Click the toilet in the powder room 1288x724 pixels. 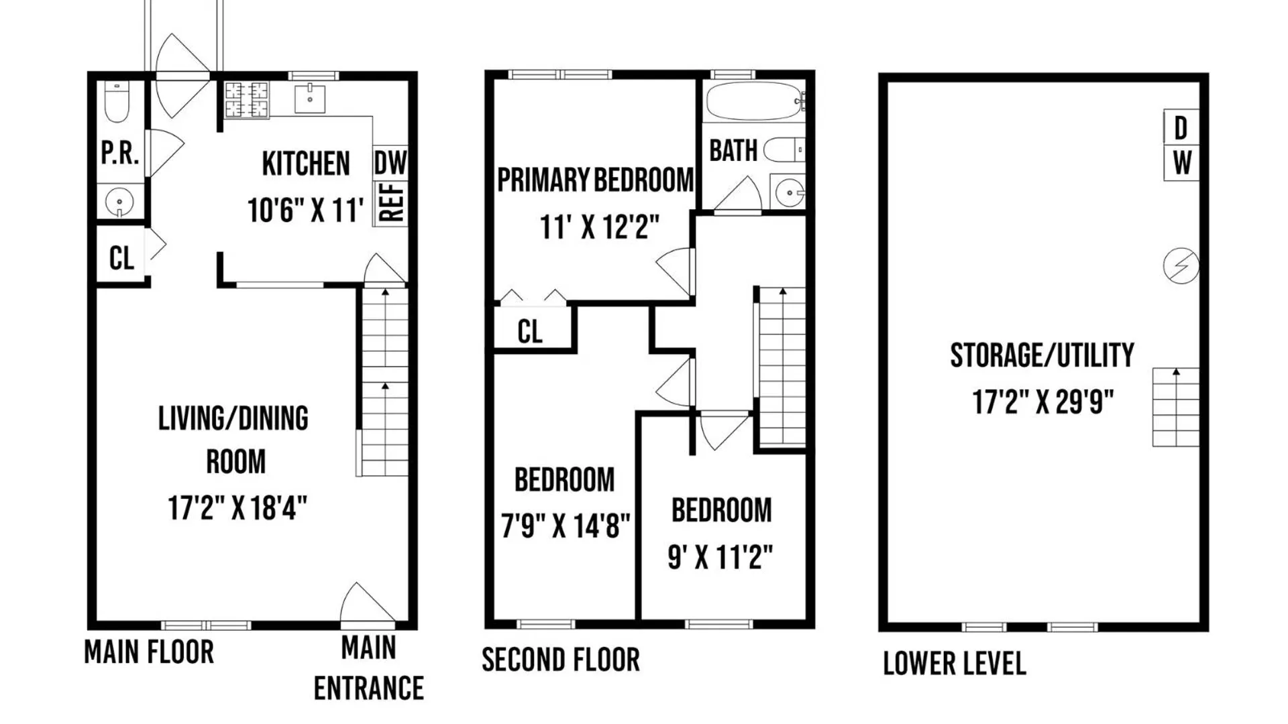click(x=117, y=102)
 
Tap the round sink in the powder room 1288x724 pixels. click(x=119, y=201)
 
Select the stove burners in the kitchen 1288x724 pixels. click(x=246, y=100)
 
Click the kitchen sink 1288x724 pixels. click(x=310, y=99)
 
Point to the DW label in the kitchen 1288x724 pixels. click(x=390, y=163)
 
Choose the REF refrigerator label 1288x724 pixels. click(x=392, y=202)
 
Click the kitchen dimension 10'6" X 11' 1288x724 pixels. click(x=305, y=210)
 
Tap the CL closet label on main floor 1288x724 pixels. click(x=121, y=258)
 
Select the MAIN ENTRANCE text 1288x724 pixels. click(x=368, y=668)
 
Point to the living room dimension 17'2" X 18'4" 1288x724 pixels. click(x=237, y=508)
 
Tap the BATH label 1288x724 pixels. click(x=733, y=151)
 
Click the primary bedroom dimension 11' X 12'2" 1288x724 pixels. click(x=600, y=227)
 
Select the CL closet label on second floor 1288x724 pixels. click(x=530, y=331)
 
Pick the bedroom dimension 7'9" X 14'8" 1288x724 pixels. click(x=566, y=526)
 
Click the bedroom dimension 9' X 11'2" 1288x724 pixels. click(x=720, y=557)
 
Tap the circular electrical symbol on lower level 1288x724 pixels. click(x=1181, y=265)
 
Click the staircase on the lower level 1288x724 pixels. click(x=1175, y=407)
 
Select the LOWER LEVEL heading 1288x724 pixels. click(x=955, y=664)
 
